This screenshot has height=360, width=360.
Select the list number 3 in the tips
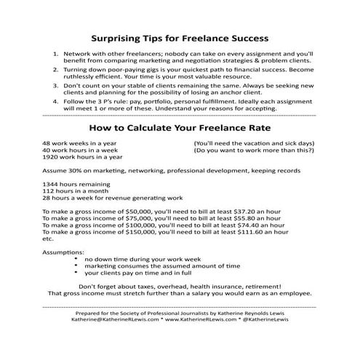(x=56, y=84)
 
